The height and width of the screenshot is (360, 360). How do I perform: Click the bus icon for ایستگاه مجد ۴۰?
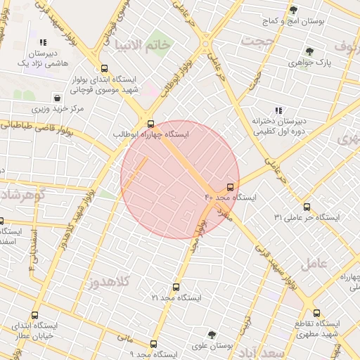tap(231, 187)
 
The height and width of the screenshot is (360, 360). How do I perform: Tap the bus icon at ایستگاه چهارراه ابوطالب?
tap(149, 122)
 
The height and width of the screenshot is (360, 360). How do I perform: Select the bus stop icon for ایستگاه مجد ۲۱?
tap(176, 287)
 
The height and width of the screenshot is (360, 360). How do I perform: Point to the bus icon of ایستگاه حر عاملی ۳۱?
tap(307, 207)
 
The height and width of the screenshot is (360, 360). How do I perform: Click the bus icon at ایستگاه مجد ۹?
tap(153, 344)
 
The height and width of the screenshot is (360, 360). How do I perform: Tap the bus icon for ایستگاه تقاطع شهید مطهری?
tap(317, 314)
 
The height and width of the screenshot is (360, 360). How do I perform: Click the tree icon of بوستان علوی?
tap(212, 335)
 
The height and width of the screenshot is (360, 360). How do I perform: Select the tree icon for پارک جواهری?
tap(309, 51)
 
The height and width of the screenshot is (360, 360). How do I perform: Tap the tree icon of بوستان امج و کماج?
tap(293, 10)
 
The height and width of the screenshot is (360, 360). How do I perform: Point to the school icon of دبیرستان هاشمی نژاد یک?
tap(44, 42)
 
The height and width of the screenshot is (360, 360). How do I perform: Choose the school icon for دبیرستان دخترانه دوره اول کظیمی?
tap(279, 110)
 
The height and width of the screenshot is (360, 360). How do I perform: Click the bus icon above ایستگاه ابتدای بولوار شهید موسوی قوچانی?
tap(104, 69)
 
